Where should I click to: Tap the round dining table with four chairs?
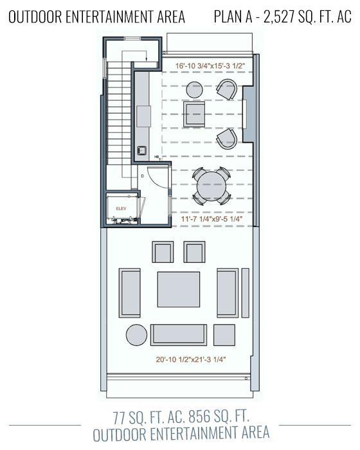tap(211, 186)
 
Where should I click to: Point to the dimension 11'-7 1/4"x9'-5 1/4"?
tap(209, 220)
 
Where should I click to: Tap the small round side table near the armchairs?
tap(194, 90)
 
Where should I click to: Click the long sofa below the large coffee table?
tap(179, 334)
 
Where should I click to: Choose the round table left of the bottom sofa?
tap(136, 335)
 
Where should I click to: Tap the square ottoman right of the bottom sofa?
tap(224, 335)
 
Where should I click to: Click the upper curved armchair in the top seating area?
tap(226, 89)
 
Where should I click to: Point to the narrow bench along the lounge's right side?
tap(245, 292)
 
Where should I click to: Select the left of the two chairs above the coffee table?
tap(163, 252)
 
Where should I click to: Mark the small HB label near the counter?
tap(156, 156)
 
